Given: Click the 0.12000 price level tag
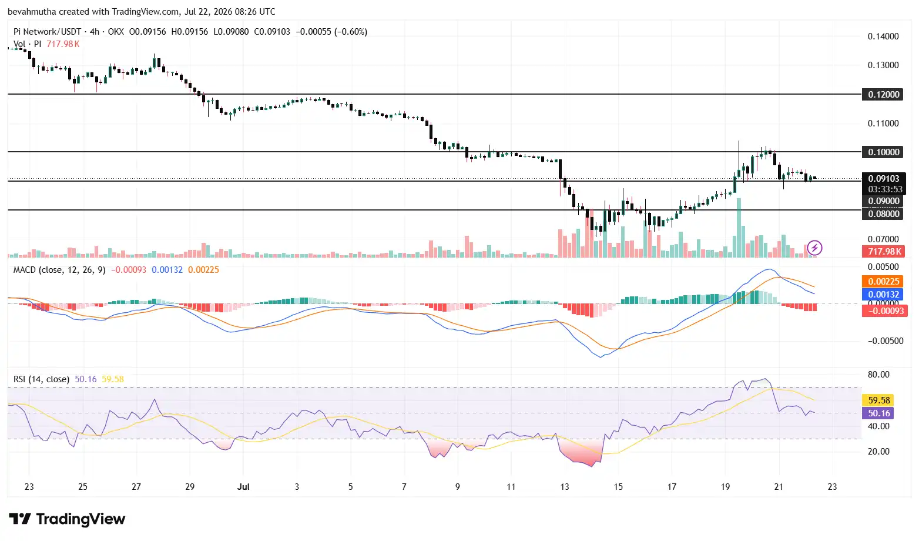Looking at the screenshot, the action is click(883, 95).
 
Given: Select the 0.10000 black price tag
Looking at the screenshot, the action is click(883, 152).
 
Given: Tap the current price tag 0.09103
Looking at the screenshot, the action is click(884, 179).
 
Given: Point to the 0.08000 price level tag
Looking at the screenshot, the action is click(883, 213).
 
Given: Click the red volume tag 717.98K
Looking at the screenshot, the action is click(883, 251).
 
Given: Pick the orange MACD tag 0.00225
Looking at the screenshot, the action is click(883, 281).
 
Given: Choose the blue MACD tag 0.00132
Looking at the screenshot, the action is click(883, 294).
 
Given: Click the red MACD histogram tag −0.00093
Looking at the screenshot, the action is click(885, 310).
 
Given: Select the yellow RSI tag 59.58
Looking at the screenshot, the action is click(878, 400).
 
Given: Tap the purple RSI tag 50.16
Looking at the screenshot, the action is click(878, 413).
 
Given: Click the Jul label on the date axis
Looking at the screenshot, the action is click(243, 487).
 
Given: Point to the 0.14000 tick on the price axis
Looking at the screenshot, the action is click(883, 36).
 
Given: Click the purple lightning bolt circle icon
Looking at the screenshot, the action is click(814, 248).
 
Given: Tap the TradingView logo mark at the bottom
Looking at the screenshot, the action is click(20, 519).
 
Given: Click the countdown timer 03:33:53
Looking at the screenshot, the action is click(885, 189).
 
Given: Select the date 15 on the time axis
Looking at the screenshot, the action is click(618, 487).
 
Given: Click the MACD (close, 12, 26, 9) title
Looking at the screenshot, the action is click(59, 270).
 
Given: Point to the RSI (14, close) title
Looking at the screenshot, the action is click(41, 379).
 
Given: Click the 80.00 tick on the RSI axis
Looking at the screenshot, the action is click(879, 375).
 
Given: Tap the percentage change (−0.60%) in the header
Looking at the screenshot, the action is click(351, 32).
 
